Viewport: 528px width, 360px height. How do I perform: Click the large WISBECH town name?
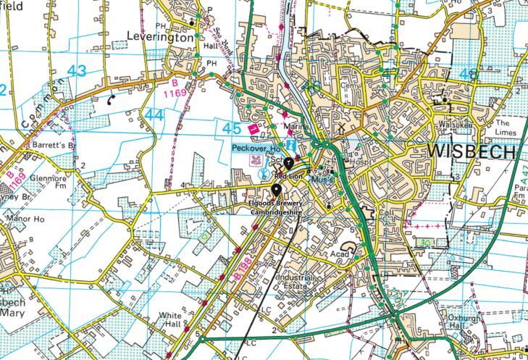(472, 152)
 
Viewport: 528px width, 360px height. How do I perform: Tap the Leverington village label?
(161, 36)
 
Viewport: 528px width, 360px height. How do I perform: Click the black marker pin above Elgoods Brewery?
(276, 191)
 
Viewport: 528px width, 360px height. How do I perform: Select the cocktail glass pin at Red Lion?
(288, 162)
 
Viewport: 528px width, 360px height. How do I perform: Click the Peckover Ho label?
(255, 148)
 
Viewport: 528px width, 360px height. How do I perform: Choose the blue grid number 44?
(154, 114)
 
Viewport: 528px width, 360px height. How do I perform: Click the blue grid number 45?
(232, 128)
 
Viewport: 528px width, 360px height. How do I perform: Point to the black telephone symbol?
(112, 101)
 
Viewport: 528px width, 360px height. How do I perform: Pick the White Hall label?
(172, 319)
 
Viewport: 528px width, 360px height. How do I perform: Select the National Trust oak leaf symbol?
(255, 161)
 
